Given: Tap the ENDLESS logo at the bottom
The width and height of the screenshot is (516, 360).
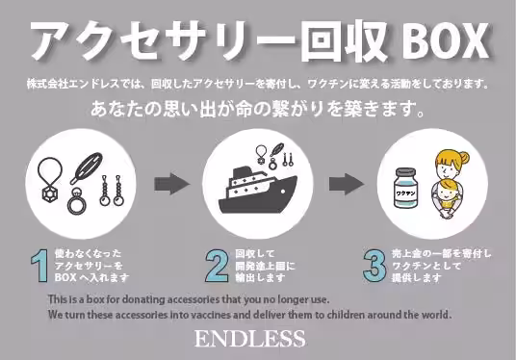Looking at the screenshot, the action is pos(250,339).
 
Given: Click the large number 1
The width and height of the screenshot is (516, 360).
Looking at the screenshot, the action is pos(39,266).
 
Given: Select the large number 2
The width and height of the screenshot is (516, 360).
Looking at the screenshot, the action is pos(218,266).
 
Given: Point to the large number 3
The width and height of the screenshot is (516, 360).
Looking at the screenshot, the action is pos(374,266).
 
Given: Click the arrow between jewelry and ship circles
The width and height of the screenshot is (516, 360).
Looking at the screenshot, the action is pos(171,184).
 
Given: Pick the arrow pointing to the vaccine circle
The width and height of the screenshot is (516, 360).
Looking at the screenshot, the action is pos(347,184).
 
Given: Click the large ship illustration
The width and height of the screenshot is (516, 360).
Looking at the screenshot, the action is pos(258,191).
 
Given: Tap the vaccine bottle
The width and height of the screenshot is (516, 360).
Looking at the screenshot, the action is pos(405,188).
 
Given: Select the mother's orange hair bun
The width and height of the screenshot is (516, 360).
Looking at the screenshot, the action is pos(463,157).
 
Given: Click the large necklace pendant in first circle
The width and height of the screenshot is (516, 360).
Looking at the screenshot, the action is pos(50,194).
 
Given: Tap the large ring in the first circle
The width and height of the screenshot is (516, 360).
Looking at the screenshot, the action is pos(77,202).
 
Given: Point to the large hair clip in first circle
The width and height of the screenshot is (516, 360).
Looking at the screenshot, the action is pos(87,168).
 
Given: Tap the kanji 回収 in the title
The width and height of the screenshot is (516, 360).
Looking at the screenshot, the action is pos(345,41).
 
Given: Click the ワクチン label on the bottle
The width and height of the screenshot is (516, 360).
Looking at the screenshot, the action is pos(405,193).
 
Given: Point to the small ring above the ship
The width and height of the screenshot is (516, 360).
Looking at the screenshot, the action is pos(272,163).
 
